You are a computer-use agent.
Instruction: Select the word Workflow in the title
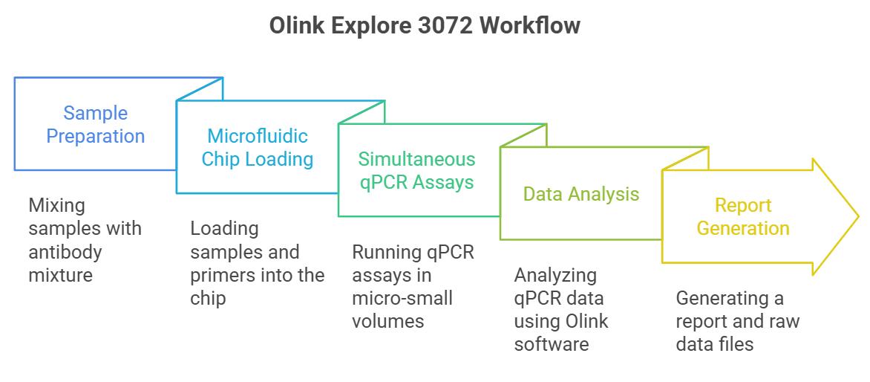(x=530, y=25)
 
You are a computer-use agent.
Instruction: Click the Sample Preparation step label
(x=96, y=124)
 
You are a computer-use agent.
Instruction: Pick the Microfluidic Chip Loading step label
(x=258, y=147)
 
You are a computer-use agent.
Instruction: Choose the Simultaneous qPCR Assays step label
(x=416, y=170)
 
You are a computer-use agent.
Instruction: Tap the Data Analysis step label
(x=581, y=194)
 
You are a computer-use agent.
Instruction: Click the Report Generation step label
(x=743, y=216)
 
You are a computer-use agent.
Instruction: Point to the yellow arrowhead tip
(x=858, y=216)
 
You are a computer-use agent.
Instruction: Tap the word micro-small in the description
(x=402, y=298)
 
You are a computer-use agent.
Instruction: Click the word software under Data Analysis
(x=551, y=344)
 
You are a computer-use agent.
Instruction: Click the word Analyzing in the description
(x=555, y=276)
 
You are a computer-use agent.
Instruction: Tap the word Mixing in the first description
(x=56, y=206)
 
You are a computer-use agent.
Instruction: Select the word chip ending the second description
(x=208, y=299)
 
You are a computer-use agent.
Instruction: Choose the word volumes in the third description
(x=387, y=321)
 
